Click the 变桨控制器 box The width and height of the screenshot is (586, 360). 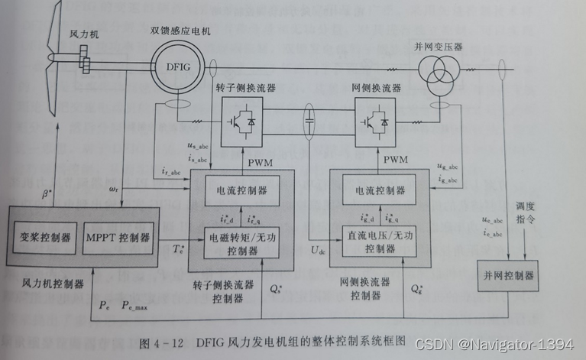pos(44,236)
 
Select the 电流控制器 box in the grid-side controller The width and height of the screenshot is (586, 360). pos(374,189)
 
